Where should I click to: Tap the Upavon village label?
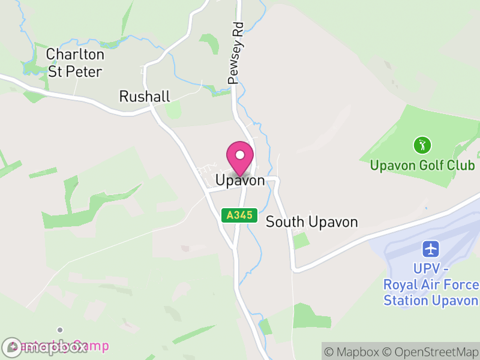click(240, 180)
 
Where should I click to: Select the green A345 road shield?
click(239, 214)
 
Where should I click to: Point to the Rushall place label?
click(145, 96)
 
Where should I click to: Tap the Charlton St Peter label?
click(75, 63)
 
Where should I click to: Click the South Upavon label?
click(311, 222)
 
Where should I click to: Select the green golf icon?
click(423, 145)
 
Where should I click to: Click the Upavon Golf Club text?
click(422, 165)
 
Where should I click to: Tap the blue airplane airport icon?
click(431, 248)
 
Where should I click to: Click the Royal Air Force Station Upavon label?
click(431, 284)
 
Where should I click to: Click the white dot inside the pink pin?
click(240, 155)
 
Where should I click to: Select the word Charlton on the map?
click(75, 55)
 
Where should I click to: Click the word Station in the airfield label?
click(407, 301)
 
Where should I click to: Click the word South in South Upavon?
click(285, 222)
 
